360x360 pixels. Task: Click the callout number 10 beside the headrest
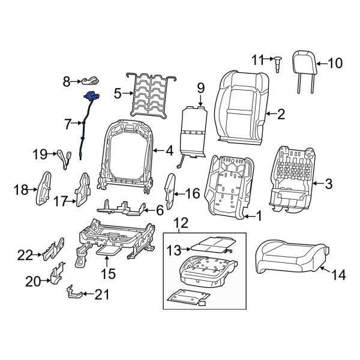point(335,62)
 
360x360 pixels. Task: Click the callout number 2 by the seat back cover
point(280,112)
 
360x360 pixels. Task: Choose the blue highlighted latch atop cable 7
point(91,95)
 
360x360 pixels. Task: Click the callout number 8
point(67,79)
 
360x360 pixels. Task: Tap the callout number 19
point(40,154)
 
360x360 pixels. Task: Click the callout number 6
point(160,211)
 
